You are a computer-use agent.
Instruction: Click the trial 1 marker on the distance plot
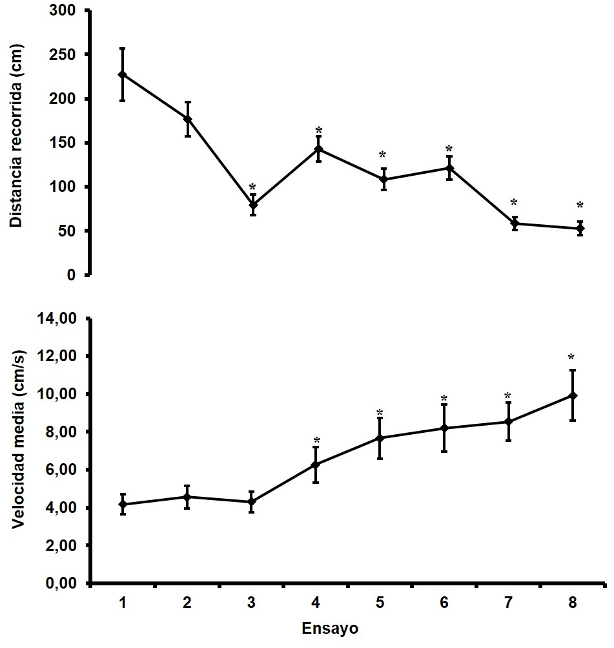point(123,74)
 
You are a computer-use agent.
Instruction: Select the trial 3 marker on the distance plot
point(253,205)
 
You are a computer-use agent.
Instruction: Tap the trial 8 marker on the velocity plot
point(572,395)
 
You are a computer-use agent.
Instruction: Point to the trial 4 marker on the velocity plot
point(316,464)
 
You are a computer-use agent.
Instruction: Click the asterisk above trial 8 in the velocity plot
point(571,357)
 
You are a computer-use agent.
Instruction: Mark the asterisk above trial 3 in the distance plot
point(252,187)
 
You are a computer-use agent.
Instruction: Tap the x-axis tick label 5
point(380,603)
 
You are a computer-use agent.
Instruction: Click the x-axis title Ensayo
point(331,627)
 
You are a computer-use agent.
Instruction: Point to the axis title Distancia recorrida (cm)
point(17,136)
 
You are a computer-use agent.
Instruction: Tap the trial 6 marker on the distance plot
point(449,168)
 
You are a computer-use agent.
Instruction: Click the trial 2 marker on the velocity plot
point(187,497)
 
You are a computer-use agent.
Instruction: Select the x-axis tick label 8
point(573,603)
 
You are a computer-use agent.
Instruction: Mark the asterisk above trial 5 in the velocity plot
point(380,413)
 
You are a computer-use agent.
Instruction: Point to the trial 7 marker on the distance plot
point(515,224)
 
